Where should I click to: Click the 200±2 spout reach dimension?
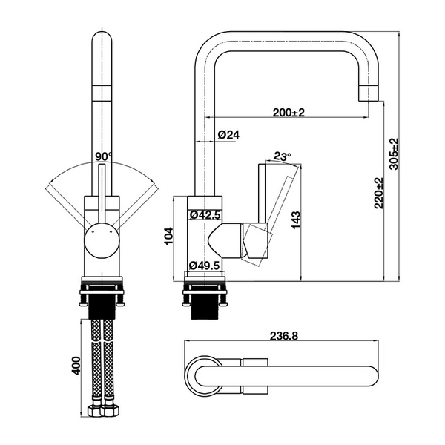[x=289, y=112]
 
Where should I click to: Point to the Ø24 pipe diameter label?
[x=228, y=135]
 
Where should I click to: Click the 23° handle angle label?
[x=283, y=156]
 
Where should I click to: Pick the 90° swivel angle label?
[x=103, y=156]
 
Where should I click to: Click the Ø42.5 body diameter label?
[x=205, y=215]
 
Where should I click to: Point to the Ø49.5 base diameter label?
[x=205, y=265]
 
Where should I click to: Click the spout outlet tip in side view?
[x=369, y=94]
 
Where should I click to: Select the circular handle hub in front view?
[x=101, y=240]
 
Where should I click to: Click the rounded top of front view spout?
[x=102, y=41]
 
